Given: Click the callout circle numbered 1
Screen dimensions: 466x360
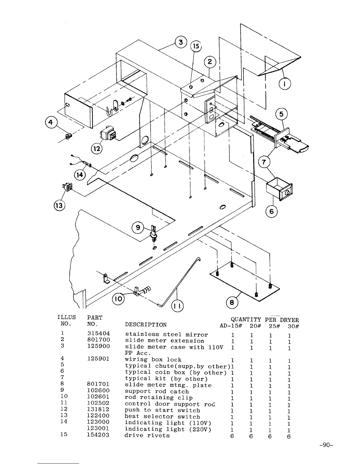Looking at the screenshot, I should point(284,84).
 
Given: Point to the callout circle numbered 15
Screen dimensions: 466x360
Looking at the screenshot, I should point(196,46).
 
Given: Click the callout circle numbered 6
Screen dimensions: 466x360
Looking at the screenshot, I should point(271,212).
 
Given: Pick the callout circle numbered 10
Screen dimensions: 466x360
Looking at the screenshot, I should point(119,299).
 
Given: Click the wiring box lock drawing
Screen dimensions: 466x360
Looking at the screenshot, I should point(69,137).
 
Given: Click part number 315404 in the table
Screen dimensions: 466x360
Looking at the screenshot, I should point(99,334).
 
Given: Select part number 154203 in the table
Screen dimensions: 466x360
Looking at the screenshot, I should point(99,435).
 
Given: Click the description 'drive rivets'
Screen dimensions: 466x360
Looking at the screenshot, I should point(147,435).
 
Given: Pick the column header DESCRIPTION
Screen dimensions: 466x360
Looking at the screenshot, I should point(146,324).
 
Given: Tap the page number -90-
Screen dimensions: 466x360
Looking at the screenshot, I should point(325,445).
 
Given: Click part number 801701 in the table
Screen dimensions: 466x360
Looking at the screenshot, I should point(99,384).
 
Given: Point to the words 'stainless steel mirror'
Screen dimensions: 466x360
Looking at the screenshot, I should point(166,334).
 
